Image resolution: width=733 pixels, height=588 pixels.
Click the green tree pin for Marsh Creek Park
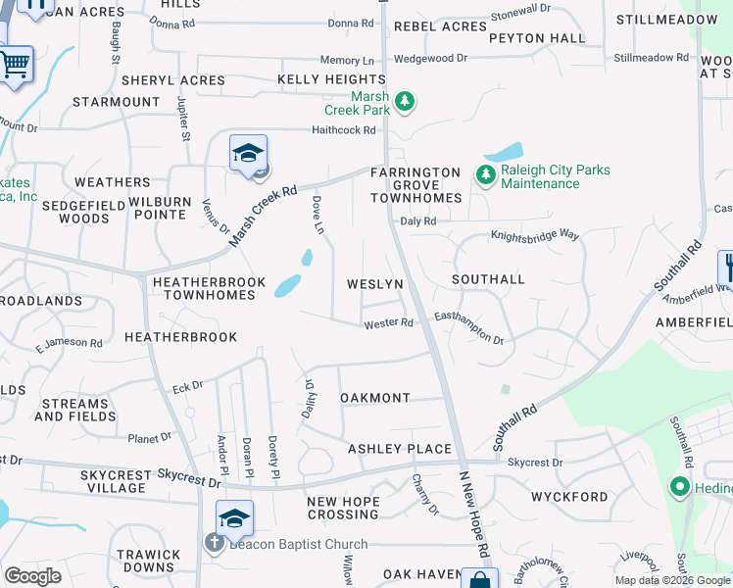403,101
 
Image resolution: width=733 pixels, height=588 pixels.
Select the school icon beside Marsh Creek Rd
249,154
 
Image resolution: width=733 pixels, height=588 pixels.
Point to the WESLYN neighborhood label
375,284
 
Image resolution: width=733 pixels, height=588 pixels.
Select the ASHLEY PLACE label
400,449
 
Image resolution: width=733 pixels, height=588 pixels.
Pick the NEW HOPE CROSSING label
343,509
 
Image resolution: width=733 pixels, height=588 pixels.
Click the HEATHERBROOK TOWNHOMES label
209,288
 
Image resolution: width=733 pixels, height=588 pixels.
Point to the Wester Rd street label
388,323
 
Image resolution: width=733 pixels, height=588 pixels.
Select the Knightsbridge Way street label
535,236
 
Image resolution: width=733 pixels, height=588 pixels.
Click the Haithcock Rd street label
343,129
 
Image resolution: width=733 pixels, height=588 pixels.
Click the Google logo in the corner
33,576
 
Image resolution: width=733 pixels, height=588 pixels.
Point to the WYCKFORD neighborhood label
569,497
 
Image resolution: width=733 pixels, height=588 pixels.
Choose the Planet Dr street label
149,437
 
